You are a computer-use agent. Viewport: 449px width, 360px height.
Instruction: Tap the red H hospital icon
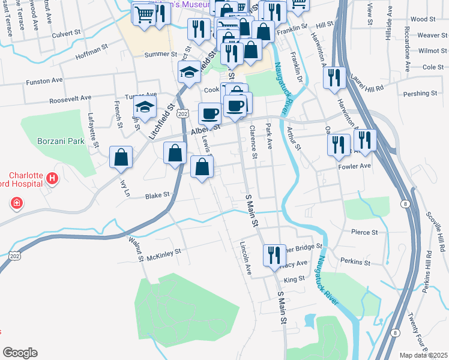tap(52, 178)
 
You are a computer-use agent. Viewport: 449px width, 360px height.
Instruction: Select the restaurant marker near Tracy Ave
tap(274, 254)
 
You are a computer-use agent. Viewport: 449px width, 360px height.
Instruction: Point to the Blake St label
tap(158, 196)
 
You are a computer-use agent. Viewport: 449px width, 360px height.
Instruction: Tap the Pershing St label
tap(421, 94)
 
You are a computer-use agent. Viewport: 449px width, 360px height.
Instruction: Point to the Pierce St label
tap(366, 232)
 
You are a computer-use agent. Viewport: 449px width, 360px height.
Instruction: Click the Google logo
tap(20, 353)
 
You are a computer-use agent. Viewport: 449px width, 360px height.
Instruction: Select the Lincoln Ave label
tap(245, 259)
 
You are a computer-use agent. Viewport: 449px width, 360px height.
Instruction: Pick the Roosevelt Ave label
tap(70, 98)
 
